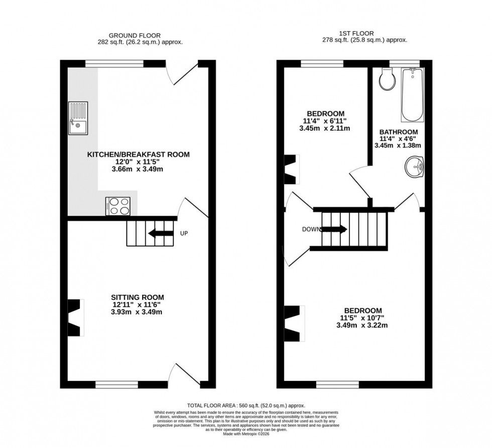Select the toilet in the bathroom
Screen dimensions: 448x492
(388, 79)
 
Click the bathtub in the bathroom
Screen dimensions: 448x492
(412, 95)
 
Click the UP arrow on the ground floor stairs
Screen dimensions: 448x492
(160, 233)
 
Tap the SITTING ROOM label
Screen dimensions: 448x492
(137, 297)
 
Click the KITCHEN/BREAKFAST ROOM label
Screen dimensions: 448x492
(139, 155)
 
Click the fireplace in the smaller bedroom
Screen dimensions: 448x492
(291, 169)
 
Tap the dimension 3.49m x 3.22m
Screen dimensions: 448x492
(363, 325)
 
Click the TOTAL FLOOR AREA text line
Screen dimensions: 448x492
(245, 405)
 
